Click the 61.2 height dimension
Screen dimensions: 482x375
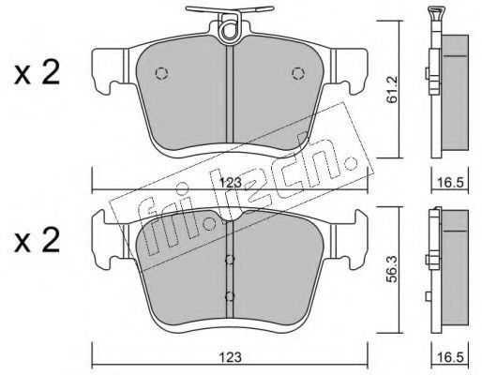point(393,90)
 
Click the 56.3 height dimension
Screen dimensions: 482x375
point(393,269)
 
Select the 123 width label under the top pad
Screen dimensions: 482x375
point(231,183)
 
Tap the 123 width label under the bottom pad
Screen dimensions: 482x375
point(231,357)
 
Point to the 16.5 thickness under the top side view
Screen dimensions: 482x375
point(450,183)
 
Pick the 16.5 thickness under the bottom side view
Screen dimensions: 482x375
point(450,357)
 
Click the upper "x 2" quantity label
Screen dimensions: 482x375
point(37,74)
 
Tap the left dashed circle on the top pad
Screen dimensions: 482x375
point(161,73)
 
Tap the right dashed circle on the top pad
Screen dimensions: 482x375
point(298,73)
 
